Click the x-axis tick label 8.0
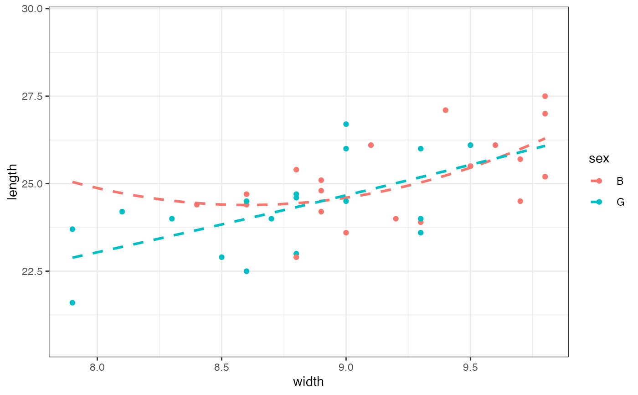(97, 368)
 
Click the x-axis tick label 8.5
(221, 368)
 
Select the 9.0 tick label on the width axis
(346, 368)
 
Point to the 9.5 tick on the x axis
(470, 368)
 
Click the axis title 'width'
(309, 381)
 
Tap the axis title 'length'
(13, 182)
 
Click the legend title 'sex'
(599, 158)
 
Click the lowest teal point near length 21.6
(72, 303)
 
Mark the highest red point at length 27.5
(545, 96)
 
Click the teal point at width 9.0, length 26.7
(346, 124)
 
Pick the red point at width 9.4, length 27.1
(445, 110)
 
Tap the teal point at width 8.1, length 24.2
(122, 212)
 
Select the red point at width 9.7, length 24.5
(520, 201)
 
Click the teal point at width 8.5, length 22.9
(221, 257)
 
